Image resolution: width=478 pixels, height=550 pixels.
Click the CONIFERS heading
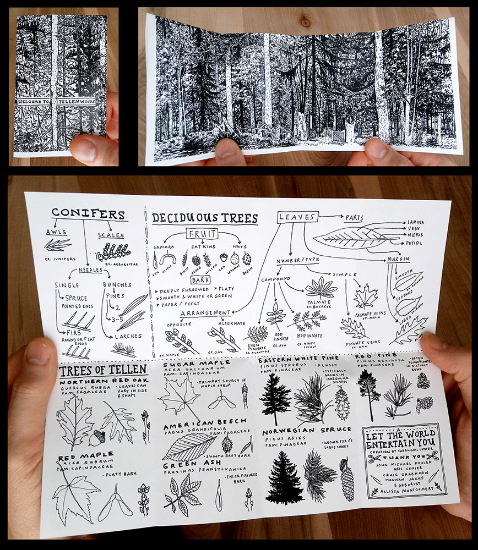tap(89, 214)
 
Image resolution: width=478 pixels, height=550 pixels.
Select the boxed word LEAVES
tap(298, 217)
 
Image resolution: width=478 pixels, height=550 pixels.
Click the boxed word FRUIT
tap(202, 234)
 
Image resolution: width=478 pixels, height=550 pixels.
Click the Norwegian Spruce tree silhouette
tap(284, 477)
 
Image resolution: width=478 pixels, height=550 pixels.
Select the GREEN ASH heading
tap(188, 463)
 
